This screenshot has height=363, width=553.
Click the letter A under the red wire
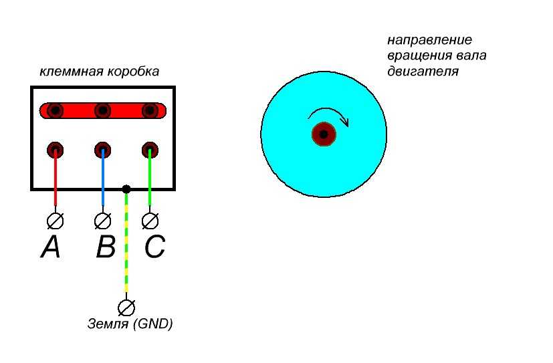tap(50, 248)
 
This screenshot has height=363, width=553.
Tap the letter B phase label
tap(106, 248)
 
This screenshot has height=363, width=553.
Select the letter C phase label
tap(154, 248)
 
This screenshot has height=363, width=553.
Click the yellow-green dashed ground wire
tap(126, 254)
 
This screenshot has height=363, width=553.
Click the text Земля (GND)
tap(130, 325)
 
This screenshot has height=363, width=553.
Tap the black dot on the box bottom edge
tap(126, 189)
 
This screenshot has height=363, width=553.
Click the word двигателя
tap(423, 71)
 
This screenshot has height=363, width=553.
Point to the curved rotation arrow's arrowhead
tap(345, 121)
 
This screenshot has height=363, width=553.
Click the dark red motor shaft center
tap(324, 134)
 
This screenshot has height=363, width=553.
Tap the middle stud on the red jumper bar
tap(102, 110)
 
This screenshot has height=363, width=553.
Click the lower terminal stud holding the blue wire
tap(102, 149)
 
